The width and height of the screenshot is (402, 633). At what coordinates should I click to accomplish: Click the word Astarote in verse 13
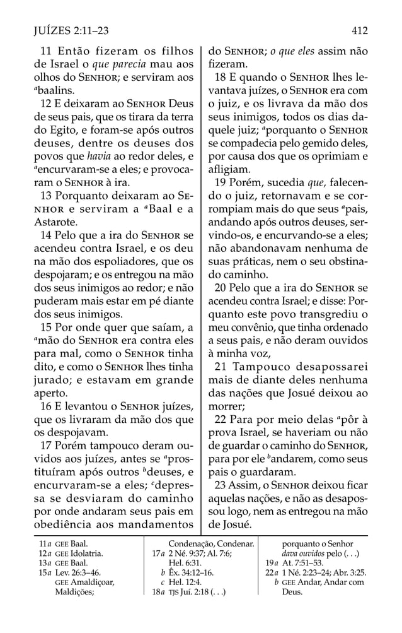coord(53,222)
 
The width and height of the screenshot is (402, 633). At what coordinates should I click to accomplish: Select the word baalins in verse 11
coord(53,91)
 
